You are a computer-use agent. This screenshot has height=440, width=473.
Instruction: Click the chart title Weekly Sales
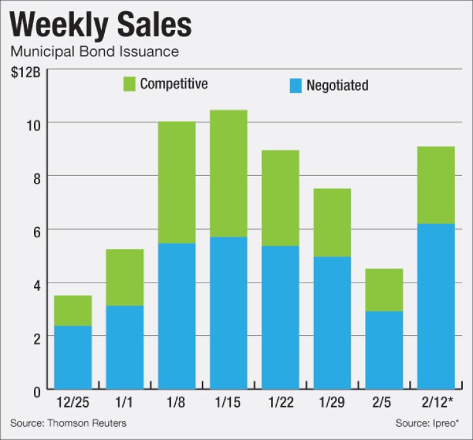tap(101, 26)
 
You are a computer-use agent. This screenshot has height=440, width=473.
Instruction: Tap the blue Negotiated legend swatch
tap(295, 85)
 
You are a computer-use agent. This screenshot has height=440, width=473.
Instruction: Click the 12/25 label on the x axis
tap(73, 405)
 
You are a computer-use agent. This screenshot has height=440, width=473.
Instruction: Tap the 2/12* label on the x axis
tap(436, 405)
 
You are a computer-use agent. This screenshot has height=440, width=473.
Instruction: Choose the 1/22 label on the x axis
tap(279, 405)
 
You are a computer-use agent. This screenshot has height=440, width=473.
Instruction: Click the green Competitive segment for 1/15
tap(228, 173)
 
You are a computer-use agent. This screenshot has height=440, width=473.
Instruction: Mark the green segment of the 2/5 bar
tap(384, 290)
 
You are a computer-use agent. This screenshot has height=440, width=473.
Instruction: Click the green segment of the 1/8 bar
tap(176, 182)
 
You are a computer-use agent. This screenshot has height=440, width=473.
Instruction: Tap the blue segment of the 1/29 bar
tap(332, 322)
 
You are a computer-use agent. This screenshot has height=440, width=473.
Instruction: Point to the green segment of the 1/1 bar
tap(125, 277)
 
